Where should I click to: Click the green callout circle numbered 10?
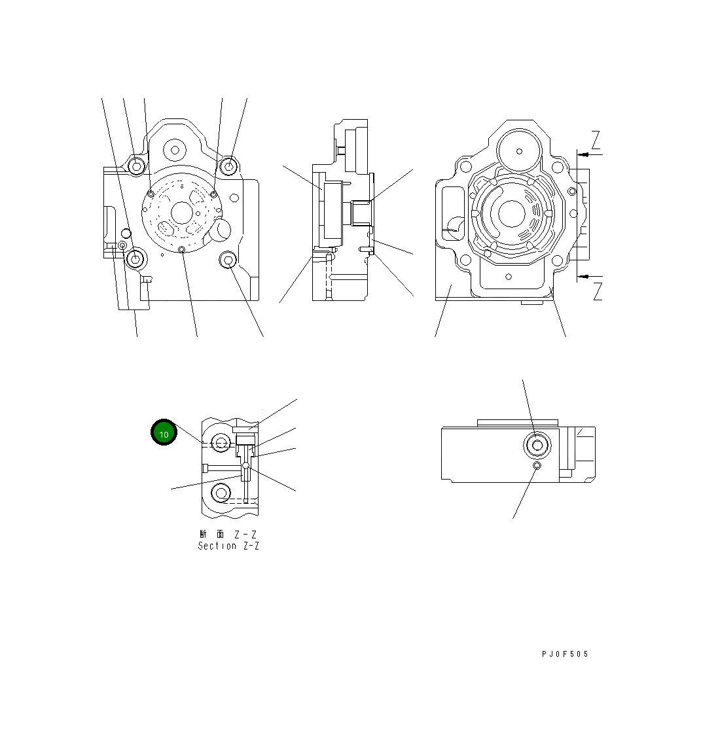pyautogui.click(x=164, y=433)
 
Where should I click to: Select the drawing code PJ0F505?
pyautogui.click(x=565, y=654)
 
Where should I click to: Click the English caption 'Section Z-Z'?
pyautogui.click(x=228, y=546)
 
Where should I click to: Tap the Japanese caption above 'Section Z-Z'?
pyautogui.click(x=228, y=535)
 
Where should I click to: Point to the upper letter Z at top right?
pyautogui.click(x=596, y=140)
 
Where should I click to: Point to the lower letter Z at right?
pyautogui.click(x=597, y=291)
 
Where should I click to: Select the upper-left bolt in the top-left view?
pyautogui.click(x=135, y=167)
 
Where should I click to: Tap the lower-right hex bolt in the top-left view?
pyautogui.click(x=228, y=260)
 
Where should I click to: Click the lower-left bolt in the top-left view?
pyautogui.click(x=135, y=260)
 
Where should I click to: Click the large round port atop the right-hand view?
pyautogui.click(x=519, y=151)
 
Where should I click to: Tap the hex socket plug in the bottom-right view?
pyautogui.click(x=537, y=446)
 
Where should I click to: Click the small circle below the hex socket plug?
pyautogui.click(x=537, y=466)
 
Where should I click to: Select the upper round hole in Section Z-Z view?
pyautogui.click(x=221, y=444)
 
